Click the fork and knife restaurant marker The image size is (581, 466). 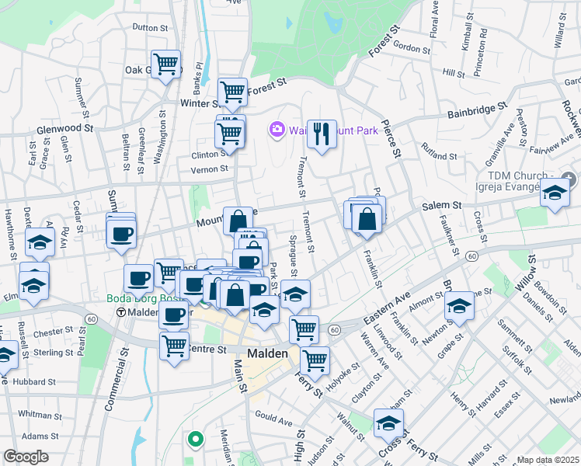pos(321,134)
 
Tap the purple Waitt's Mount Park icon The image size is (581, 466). pos(276,130)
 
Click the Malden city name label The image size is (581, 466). pos(268,353)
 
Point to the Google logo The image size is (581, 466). pos(26,456)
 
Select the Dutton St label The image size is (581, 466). pos(150,27)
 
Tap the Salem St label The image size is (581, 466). pos(442,205)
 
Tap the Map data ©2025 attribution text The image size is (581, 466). pos(548,460)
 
